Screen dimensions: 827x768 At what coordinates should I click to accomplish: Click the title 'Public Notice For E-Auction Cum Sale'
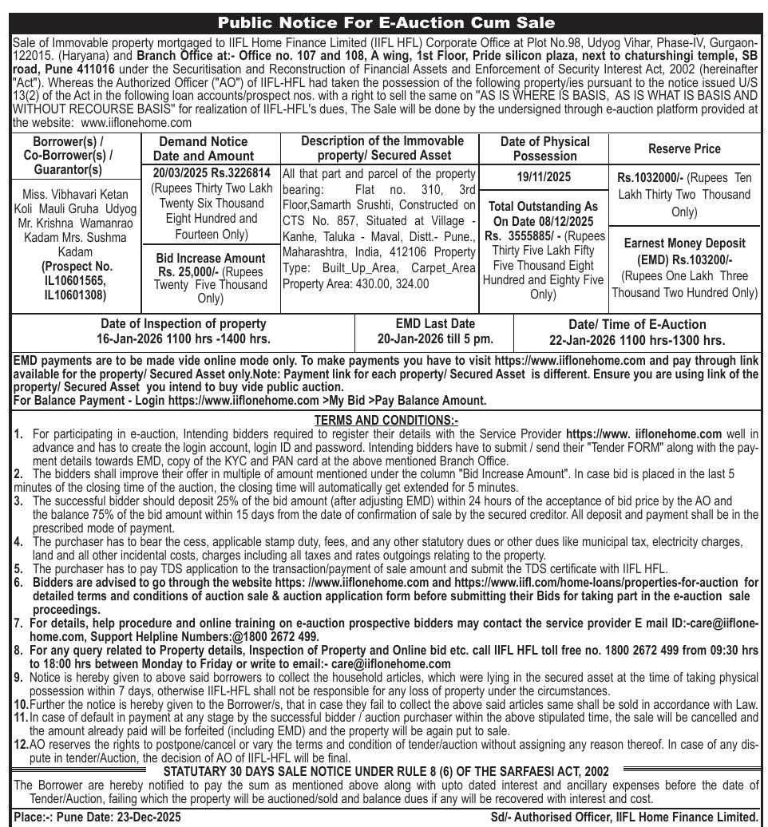pos(386,22)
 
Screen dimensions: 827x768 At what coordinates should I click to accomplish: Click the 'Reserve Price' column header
pos(684,148)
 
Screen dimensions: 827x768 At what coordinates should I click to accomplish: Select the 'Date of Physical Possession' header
pos(545,148)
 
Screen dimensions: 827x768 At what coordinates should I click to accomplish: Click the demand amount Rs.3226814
pos(240,173)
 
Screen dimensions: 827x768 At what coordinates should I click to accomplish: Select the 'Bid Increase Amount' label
pos(210,258)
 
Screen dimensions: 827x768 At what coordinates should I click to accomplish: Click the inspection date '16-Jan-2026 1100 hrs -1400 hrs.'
pos(183,339)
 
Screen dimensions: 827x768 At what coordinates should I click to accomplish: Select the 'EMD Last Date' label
pos(435,324)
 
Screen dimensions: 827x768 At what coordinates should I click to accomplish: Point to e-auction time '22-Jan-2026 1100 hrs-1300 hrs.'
pos(637,340)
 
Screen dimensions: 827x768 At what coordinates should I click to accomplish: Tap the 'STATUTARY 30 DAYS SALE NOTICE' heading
pos(386,770)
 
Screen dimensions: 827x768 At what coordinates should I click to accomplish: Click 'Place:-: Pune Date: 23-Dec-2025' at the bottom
pos(97,817)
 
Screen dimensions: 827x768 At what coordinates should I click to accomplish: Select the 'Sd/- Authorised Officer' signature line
pos(624,817)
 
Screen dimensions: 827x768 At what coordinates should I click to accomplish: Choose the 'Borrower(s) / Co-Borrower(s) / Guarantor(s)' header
pos(76,156)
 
